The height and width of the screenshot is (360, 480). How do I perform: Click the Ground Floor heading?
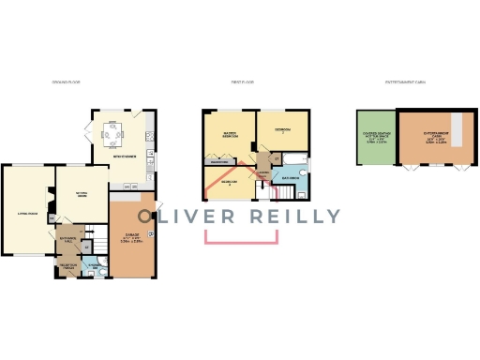click(x=66, y=82)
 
